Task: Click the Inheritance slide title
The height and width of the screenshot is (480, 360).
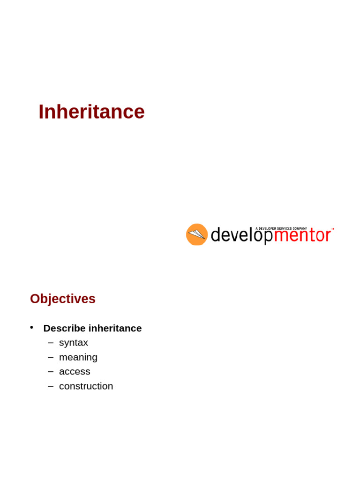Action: [91, 112]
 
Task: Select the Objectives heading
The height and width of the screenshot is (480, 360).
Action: [63, 299]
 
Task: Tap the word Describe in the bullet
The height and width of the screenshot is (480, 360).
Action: [65, 328]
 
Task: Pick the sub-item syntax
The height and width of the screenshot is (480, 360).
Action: [74, 343]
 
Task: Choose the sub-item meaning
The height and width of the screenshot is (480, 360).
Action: [78, 357]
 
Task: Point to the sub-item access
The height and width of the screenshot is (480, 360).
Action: [75, 372]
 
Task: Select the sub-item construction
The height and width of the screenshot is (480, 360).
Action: [86, 386]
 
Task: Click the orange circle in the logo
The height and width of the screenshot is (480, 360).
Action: [197, 234]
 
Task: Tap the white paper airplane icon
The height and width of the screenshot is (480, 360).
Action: [196, 234]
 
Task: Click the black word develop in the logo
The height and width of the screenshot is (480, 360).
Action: [241, 235]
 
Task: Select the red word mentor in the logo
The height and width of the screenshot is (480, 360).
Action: [302, 235]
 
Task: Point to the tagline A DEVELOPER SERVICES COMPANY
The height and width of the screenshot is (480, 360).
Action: [281, 228]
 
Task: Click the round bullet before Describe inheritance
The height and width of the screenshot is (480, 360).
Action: [31, 328]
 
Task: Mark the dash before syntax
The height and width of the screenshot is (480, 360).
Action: [51, 343]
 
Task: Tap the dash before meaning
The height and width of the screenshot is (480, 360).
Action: [51, 357]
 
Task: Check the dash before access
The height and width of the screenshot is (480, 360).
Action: [51, 372]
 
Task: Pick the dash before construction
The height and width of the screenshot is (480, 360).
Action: [51, 386]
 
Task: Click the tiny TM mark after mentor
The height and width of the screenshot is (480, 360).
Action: [332, 229]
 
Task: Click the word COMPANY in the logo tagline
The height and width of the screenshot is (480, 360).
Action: [300, 228]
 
